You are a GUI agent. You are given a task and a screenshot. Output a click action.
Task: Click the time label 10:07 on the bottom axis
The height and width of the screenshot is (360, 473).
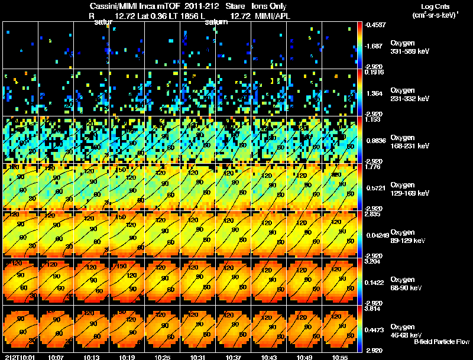pyautogui.click(x=56, y=357)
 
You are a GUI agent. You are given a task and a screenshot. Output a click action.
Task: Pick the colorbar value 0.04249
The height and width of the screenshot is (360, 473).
pyautogui.click(x=377, y=235)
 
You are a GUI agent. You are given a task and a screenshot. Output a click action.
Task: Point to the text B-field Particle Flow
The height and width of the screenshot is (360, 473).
pyautogui.click(x=441, y=342)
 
